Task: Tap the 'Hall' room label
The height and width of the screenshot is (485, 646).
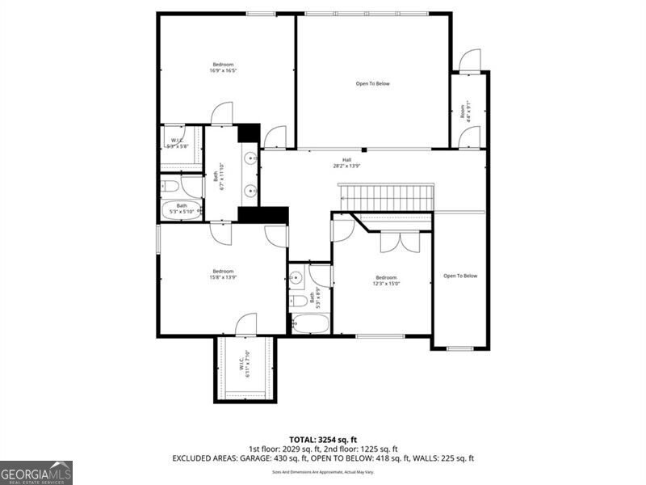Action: click(346, 162)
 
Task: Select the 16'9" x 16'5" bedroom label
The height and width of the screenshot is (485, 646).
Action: click(223, 67)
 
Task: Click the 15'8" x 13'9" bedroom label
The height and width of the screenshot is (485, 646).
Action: click(223, 274)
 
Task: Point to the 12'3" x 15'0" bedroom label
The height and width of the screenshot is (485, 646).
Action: click(386, 280)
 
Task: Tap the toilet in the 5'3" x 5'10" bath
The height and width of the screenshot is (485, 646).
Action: click(170, 187)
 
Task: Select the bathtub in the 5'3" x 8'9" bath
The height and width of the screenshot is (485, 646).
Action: click(310, 325)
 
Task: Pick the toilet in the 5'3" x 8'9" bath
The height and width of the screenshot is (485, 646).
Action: click(299, 302)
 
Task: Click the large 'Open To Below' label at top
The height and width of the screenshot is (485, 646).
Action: click(372, 83)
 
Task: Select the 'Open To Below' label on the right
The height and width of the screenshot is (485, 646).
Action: click(460, 276)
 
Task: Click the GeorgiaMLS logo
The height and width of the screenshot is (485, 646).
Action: click(36, 472)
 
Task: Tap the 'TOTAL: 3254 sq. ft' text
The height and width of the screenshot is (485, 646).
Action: click(323, 440)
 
